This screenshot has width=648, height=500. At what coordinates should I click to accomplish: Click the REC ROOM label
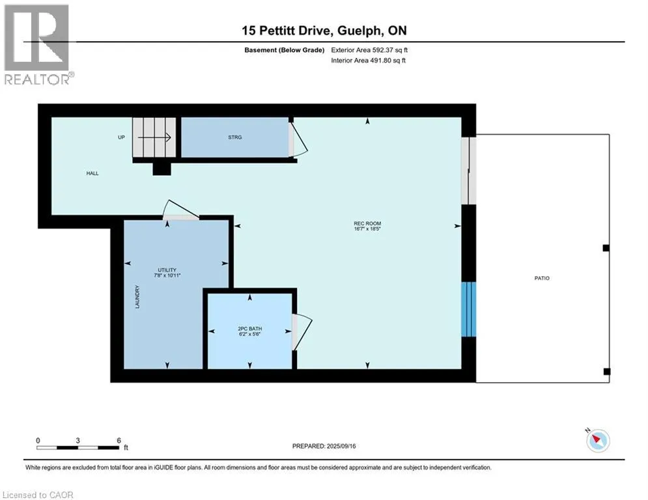pos(367,223)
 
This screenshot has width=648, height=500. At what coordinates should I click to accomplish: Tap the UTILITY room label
pos(167,270)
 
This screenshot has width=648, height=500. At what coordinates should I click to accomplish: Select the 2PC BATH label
pos(249,329)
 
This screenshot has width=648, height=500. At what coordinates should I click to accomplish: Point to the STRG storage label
pos(234,137)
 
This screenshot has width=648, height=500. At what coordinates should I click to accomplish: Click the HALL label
pos(92,173)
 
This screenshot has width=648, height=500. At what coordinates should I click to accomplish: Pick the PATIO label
pos(542,278)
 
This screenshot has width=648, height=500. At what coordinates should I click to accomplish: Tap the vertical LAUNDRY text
pos(137,297)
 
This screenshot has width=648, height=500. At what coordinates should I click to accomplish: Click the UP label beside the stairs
pos(121,137)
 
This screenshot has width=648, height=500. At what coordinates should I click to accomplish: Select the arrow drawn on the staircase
pos(154,137)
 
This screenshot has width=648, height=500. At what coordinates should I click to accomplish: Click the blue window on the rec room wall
pos(469,309)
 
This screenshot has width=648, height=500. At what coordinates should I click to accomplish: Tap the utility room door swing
pos(180,210)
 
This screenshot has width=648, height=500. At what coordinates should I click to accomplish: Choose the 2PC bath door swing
pos(302,332)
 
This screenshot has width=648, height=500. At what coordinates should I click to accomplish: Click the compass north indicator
pos(597,439)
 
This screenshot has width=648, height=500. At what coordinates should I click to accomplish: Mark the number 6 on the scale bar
pos(119,441)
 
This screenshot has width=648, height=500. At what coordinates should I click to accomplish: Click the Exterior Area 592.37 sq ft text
pos(369,50)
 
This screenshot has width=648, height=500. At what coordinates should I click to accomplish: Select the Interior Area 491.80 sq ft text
pos(368,61)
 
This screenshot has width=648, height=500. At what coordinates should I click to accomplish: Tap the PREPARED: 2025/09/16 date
pos(324,446)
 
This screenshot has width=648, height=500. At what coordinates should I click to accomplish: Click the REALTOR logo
pos(38,45)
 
